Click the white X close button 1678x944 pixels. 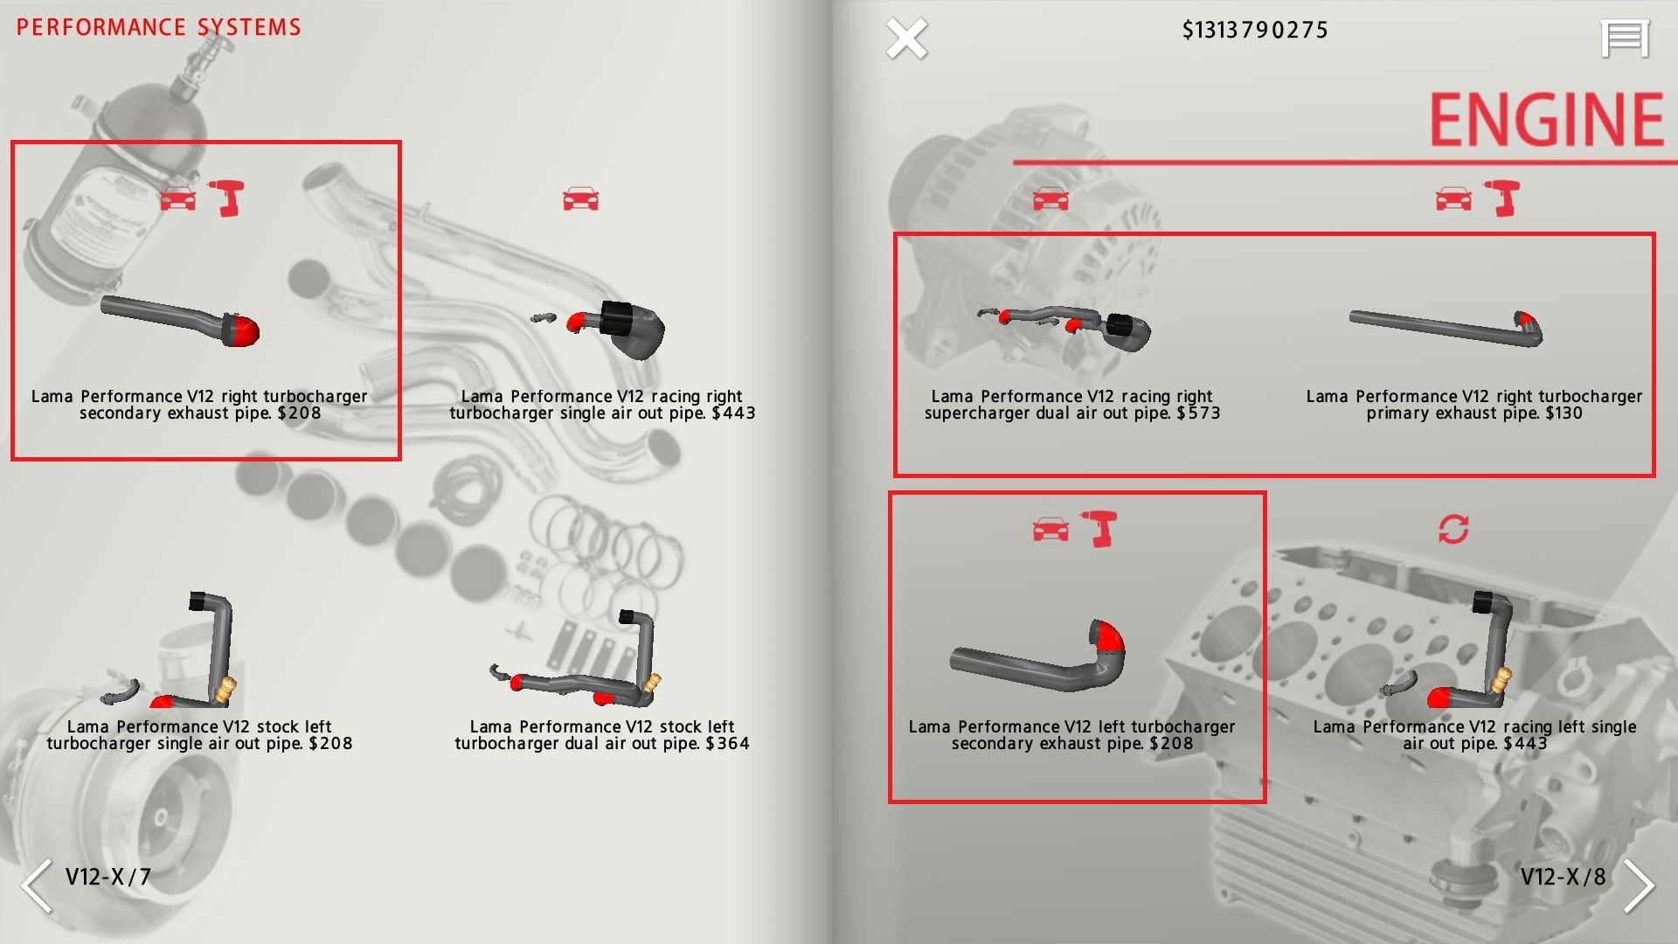[x=906, y=39]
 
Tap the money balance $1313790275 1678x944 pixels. [x=1255, y=31]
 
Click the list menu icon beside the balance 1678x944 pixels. [x=1625, y=39]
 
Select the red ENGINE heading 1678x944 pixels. [x=1546, y=119]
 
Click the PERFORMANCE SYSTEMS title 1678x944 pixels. [x=158, y=27]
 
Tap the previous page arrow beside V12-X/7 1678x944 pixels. [x=37, y=885]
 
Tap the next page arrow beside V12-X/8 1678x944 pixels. [x=1639, y=885]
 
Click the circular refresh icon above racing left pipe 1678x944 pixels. [x=1453, y=529]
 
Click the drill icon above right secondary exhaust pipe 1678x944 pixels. [x=226, y=198]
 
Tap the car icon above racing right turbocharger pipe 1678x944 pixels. [x=581, y=199]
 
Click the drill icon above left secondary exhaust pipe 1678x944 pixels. [x=1100, y=529]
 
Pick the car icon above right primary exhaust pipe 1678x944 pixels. [x=1453, y=199]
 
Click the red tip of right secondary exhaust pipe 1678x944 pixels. [x=246, y=330]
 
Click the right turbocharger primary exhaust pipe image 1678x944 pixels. [x=1446, y=328]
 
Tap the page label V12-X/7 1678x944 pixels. [x=108, y=877]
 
